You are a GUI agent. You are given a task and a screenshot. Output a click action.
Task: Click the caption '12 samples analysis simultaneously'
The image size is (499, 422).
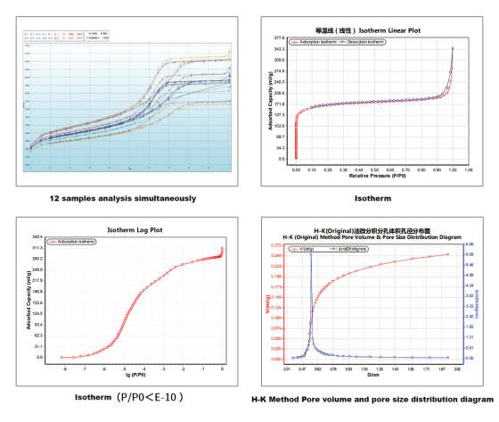(123, 198)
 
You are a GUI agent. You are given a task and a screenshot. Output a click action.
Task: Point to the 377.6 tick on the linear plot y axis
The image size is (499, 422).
(279, 38)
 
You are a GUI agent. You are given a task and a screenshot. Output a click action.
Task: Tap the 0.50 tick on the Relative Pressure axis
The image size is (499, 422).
(374, 166)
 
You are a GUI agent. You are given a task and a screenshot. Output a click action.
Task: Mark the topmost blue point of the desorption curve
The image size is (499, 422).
(453, 48)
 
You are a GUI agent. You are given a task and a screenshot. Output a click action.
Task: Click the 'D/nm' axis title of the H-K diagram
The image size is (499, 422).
(372, 374)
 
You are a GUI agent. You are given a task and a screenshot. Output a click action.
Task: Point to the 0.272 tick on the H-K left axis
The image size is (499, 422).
(275, 245)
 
